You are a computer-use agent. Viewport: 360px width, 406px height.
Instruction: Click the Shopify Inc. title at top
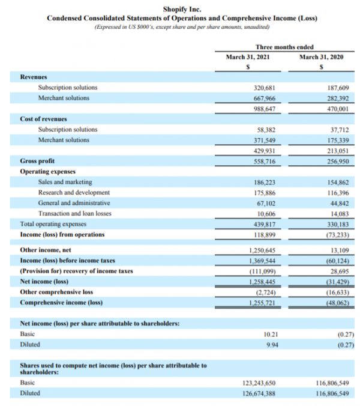(182, 10)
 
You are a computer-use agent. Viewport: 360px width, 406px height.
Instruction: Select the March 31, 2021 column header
(247, 57)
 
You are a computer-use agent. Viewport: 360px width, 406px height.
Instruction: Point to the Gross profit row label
(37, 162)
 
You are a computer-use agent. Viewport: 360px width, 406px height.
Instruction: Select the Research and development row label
(74, 192)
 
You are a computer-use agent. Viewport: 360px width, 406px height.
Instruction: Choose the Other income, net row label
(46, 249)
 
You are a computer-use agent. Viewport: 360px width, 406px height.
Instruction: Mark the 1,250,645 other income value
(262, 250)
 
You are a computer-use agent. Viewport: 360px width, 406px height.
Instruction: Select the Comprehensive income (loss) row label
(61, 302)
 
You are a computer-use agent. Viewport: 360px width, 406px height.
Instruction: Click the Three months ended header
(284, 47)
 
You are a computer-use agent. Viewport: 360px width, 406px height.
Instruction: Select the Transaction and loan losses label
(74, 213)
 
